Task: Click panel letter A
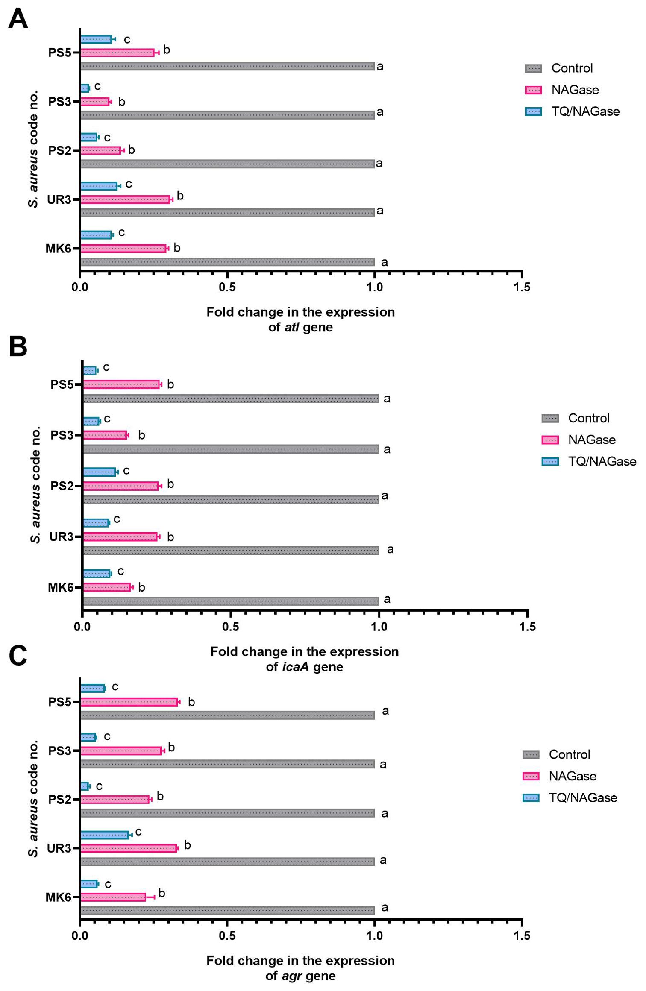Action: (x=18, y=20)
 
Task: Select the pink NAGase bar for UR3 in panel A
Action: (x=125, y=199)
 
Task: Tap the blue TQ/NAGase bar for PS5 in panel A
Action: (x=96, y=39)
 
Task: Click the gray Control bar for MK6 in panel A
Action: (x=227, y=262)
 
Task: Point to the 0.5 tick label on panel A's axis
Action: (x=227, y=287)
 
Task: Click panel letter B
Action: (x=18, y=347)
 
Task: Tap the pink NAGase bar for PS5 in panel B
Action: (x=121, y=384)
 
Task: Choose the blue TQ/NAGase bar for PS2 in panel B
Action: (x=99, y=472)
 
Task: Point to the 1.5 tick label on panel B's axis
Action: (x=527, y=627)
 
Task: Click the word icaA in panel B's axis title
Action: (x=296, y=667)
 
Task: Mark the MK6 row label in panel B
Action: (x=61, y=587)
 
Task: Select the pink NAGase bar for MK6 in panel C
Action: (x=113, y=897)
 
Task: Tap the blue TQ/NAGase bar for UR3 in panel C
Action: (x=105, y=835)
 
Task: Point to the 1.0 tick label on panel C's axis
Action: (x=374, y=936)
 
